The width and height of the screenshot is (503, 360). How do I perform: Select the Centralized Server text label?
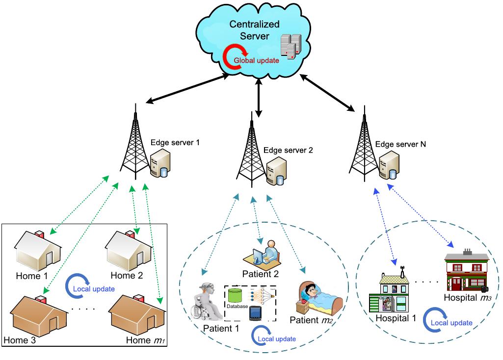pyautogui.click(x=255, y=30)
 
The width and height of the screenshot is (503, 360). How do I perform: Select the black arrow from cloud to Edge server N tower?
pyautogui.click(x=328, y=92)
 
